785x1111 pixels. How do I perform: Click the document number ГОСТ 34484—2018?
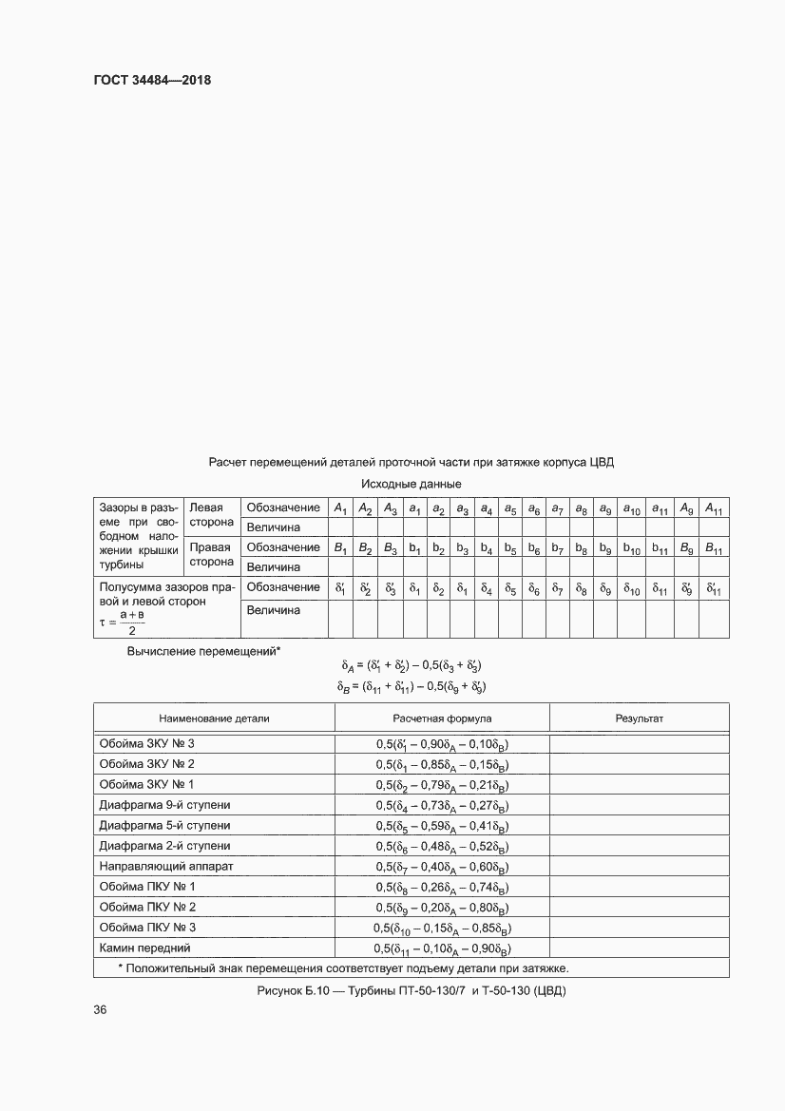151,81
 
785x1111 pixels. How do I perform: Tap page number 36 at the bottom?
100,1010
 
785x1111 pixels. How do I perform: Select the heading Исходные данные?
411,485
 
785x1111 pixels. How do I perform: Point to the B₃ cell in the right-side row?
390,548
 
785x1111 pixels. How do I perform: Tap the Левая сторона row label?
211,516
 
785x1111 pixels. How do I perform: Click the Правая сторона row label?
211,556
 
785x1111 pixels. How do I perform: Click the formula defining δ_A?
411,665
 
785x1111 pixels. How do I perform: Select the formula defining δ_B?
411,685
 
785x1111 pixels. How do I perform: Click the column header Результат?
639,718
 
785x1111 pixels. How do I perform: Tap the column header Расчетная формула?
442,718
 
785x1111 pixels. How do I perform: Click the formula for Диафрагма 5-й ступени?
442,826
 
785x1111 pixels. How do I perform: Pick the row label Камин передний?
144,948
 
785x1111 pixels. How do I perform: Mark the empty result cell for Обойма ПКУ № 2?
639,907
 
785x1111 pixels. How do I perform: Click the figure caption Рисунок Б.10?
411,991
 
